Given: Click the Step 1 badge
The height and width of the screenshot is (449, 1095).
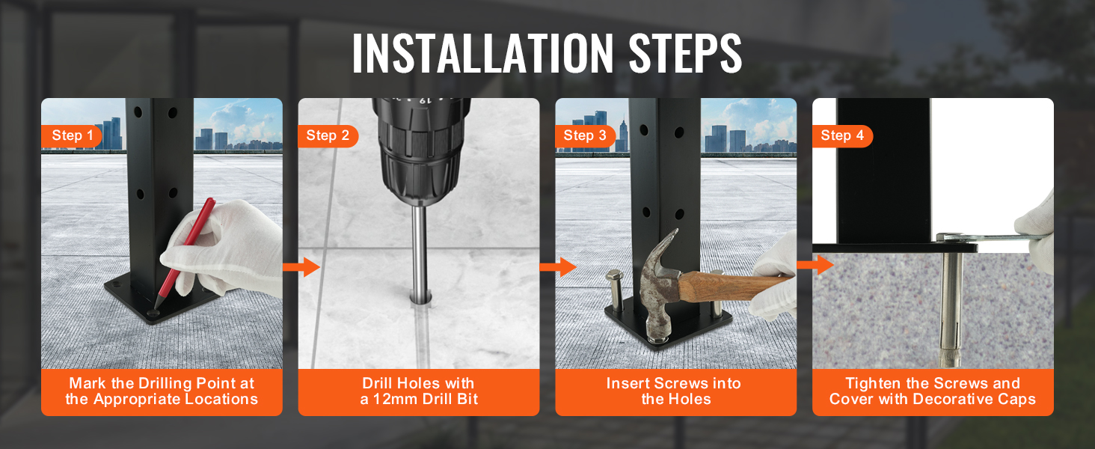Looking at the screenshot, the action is pyautogui.click(x=71, y=136).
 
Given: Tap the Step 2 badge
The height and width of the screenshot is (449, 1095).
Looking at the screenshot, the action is pyautogui.click(x=328, y=136).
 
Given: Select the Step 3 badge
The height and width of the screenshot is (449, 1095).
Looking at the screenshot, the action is pyautogui.click(x=585, y=136).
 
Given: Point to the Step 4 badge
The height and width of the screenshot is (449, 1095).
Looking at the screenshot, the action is pyautogui.click(x=842, y=136).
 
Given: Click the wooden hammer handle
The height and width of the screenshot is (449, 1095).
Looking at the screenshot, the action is pyautogui.click(x=733, y=286).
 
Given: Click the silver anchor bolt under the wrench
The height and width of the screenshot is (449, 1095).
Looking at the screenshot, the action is pyautogui.click(x=951, y=308).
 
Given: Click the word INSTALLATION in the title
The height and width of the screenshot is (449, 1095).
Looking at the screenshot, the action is pyautogui.click(x=482, y=53).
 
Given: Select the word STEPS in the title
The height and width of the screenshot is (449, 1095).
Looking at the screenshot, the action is pyautogui.click(x=685, y=53).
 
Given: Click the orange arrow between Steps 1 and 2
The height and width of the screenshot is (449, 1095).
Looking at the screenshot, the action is pyautogui.click(x=301, y=267).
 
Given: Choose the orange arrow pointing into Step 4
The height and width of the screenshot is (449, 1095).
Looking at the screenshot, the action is pyautogui.click(x=815, y=265).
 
